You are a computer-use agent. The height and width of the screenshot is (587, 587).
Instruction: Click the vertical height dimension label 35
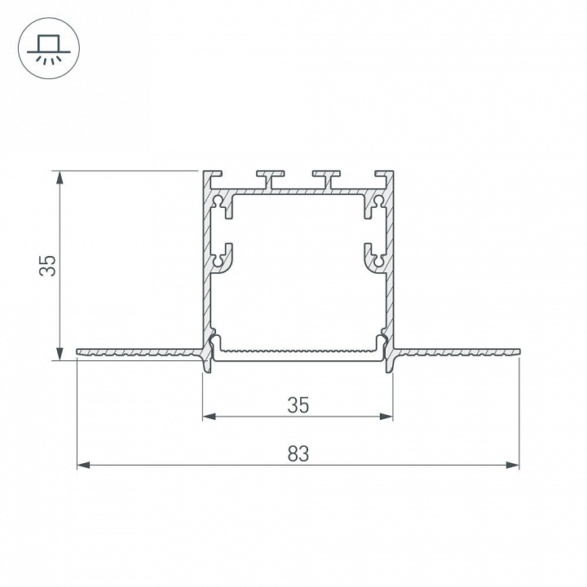[x=48, y=265]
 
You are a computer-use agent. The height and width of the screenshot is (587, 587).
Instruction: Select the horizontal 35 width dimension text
[x=298, y=404]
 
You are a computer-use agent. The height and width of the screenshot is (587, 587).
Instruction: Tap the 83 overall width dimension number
[x=298, y=454]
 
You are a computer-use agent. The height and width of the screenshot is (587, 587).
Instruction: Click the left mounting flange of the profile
[x=139, y=353]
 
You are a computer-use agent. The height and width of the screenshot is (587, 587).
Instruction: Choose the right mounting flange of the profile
[x=457, y=353]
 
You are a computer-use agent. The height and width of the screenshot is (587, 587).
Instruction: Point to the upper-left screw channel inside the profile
[x=221, y=204]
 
